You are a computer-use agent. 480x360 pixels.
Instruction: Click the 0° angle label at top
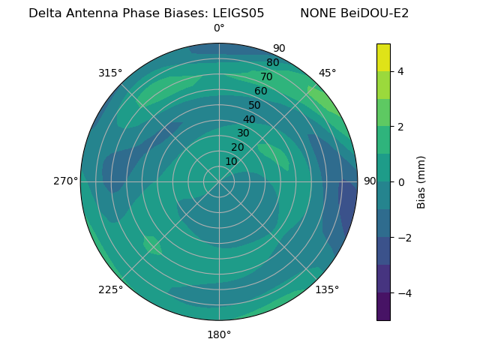219,28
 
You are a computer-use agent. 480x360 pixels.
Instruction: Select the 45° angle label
327,73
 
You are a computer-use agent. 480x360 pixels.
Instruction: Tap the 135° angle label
327,289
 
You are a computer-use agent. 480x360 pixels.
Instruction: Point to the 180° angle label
219,334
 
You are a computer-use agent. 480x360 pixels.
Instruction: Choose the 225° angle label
110,289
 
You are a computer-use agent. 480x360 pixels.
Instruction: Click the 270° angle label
66,181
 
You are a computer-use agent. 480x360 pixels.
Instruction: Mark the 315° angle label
110,73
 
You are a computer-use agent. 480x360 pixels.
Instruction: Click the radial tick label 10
231,161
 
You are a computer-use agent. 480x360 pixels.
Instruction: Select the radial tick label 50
255,105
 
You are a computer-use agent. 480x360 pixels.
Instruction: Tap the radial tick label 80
272,63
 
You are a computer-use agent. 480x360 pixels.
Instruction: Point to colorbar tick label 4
400,71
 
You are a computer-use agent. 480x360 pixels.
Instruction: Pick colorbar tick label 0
400,181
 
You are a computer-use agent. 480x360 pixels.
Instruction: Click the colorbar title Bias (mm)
421,181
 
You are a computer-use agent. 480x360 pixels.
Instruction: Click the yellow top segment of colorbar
383,57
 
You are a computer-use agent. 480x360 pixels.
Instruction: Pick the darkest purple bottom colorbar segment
383,307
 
